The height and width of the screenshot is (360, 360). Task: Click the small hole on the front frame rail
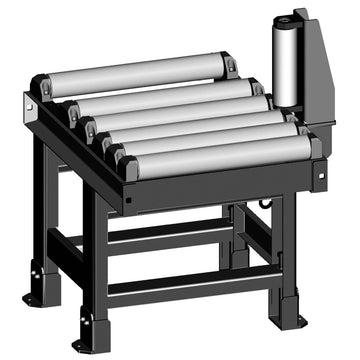128,197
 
